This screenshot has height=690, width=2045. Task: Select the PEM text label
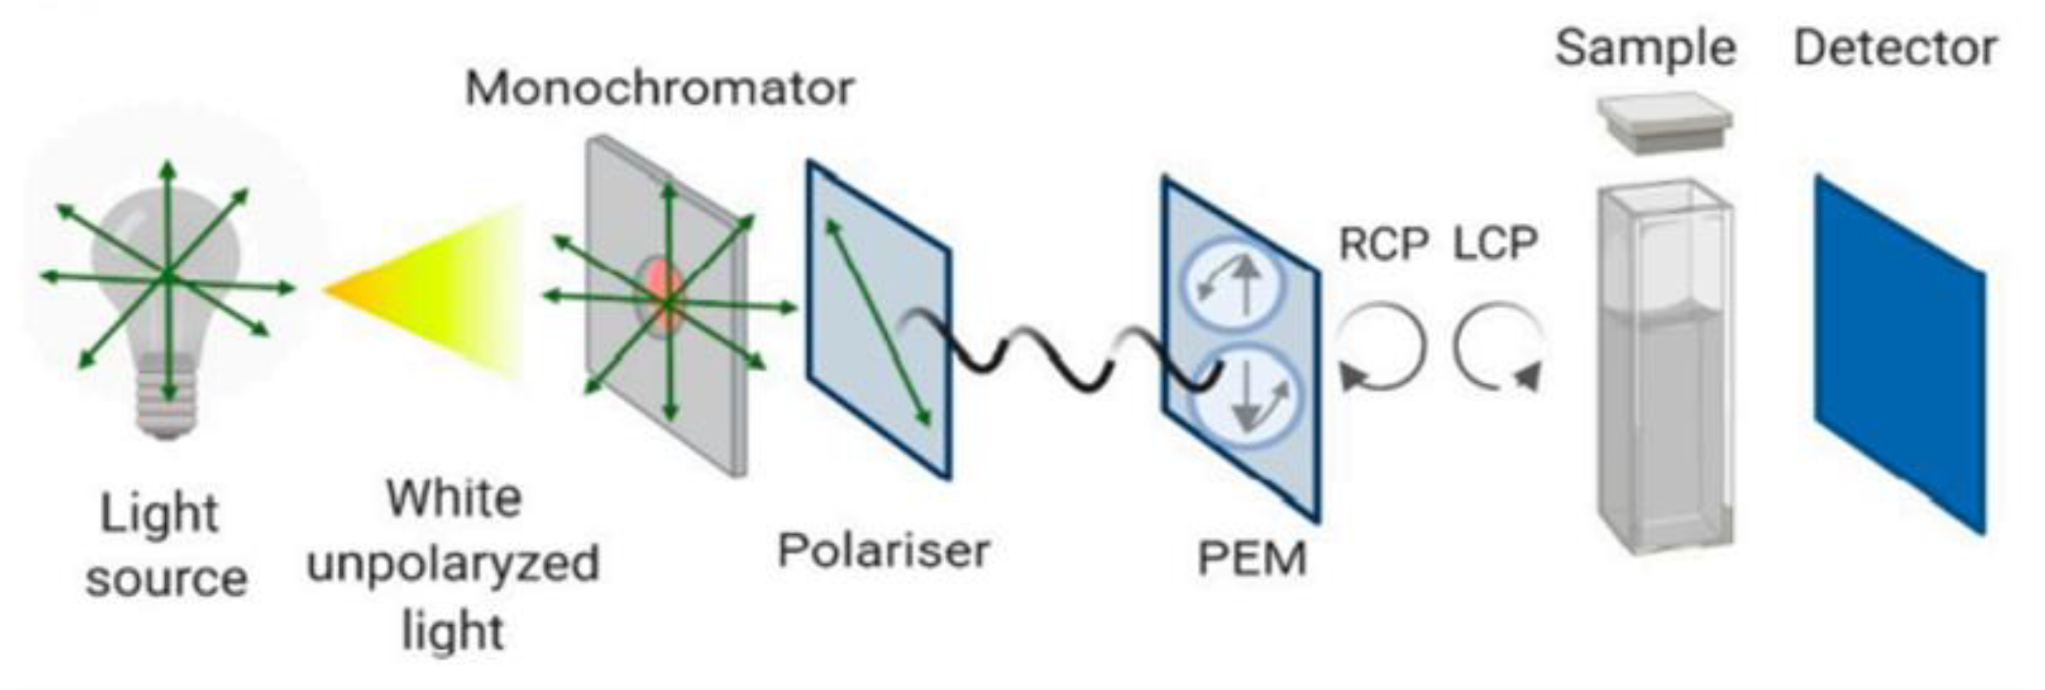(x=1251, y=558)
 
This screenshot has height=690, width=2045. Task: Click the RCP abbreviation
(x=1383, y=244)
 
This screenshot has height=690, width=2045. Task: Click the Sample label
(x=1645, y=49)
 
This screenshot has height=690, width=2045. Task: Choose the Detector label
(x=1894, y=49)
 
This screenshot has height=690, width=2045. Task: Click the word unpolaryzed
(x=453, y=564)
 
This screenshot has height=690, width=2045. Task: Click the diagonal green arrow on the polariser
(x=878, y=322)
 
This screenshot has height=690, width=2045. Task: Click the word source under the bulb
(x=166, y=579)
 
